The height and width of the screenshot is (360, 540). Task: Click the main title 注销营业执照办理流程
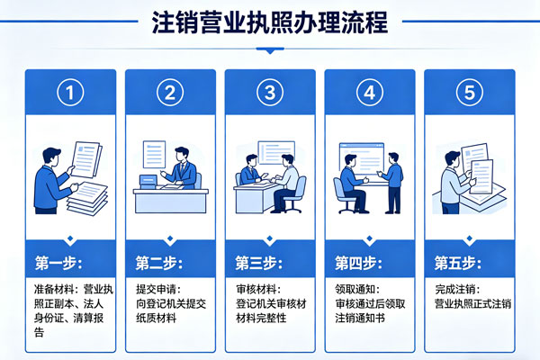pyautogui.click(x=270, y=22)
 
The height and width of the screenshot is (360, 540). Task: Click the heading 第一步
pyautogui.click(x=59, y=263)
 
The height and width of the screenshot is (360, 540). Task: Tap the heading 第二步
pyautogui.click(x=160, y=263)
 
